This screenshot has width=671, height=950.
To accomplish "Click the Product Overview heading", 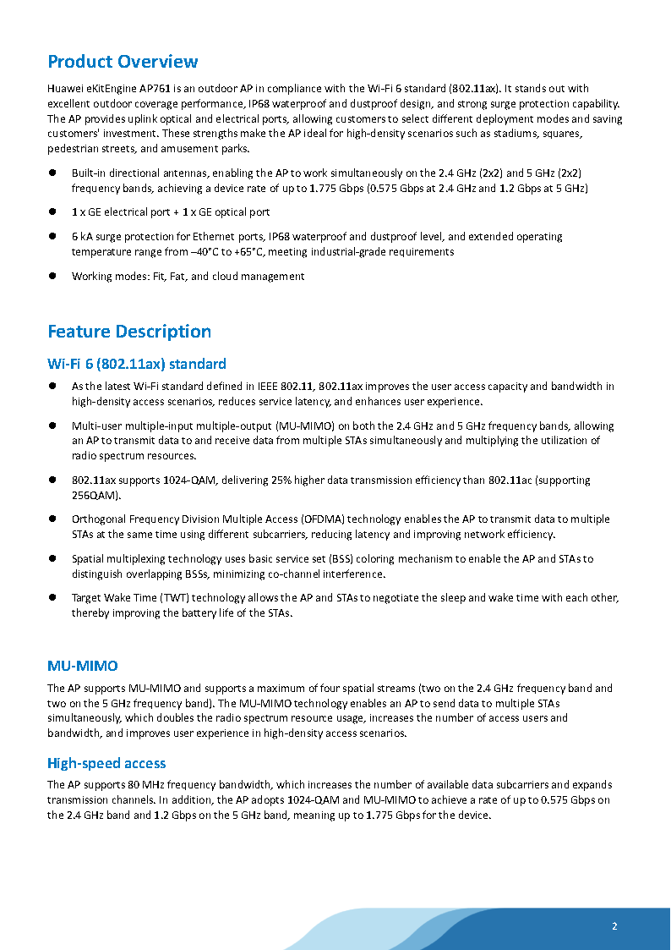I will pyautogui.click(x=123, y=62).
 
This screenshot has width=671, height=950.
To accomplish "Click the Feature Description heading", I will pyautogui.click(x=129, y=332).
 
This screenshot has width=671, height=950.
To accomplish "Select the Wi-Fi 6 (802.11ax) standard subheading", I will pyautogui.click(x=136, y=364).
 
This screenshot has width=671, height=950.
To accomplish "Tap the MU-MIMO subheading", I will pyautogui.click(x=82, y=667).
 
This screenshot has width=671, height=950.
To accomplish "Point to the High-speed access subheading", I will pyautogui.click(x=106, y=763).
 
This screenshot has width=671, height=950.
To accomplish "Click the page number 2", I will pyautogui.click(x=614, y=925).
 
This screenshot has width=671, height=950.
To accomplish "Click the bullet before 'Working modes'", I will pyautogui.click(x=52, y=276).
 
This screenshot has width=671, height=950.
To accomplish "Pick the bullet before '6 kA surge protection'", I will pyautogui.click(x=52, y=237).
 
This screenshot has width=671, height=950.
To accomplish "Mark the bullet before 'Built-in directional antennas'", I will pyautogui.click(x=52, y=173).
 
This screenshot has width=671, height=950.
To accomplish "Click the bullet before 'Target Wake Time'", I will pyautogui.click(x=52, y=598).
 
